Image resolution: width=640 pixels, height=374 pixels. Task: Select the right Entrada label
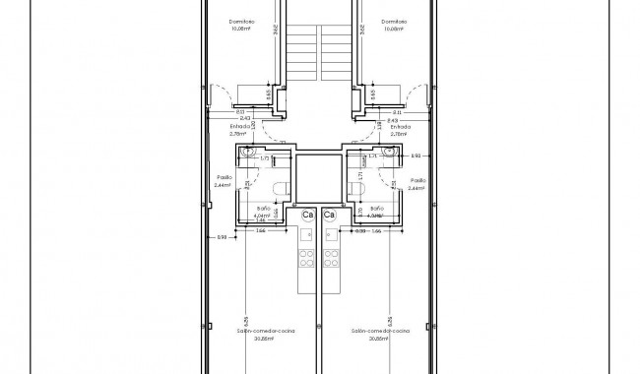pos(400,127)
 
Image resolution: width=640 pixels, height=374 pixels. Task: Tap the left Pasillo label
pos(224,180)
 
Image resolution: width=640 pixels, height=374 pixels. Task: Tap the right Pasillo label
pos(417,180)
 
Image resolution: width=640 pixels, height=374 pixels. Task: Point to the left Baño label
pos(264,209)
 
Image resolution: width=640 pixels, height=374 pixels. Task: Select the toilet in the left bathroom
pos(279,189)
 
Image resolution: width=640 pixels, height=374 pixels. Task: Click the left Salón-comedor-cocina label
pos(267,332)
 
